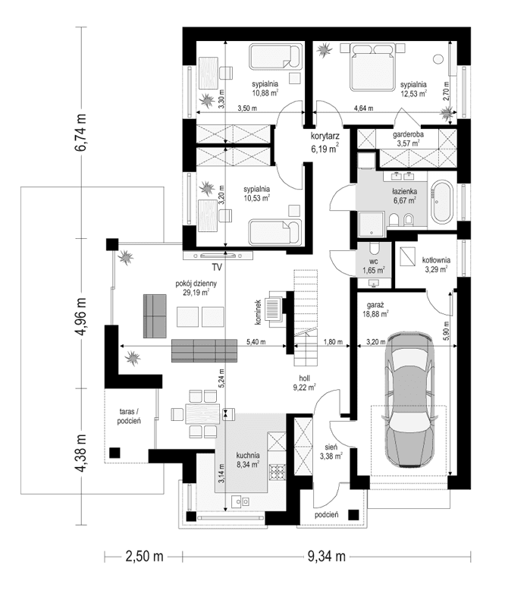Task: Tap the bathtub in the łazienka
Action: click(441, 203)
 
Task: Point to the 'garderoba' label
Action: click(408, 133)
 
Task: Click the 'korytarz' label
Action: click(324, 137)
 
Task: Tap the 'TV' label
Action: click(216, 267)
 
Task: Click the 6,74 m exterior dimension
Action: click(80, 133)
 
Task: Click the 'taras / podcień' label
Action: click(128, 415)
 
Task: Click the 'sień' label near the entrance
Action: click(331, 447)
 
